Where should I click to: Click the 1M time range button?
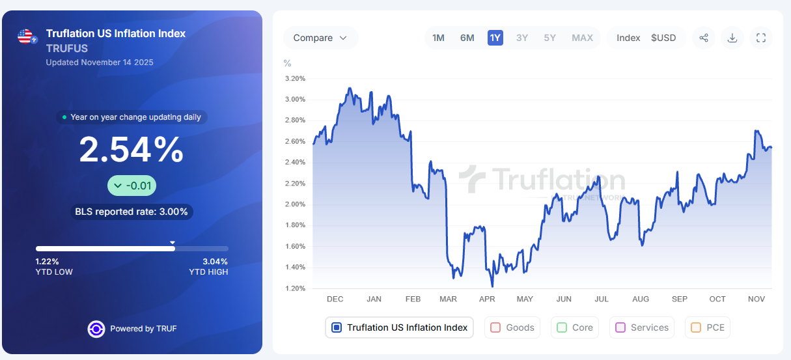coord(438,38)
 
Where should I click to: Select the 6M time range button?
coord(467,38)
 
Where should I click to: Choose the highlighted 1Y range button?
coord(495,38)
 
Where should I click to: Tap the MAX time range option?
coord(582,38)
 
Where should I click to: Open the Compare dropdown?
coord(320,38)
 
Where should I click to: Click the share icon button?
coord(704,38)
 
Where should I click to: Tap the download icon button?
coord(732,38)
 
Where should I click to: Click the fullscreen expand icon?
coord(761,38)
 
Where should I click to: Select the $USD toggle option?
coord(663,38)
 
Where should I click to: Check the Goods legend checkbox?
coord(495,327)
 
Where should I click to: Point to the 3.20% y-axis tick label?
coord(295,78)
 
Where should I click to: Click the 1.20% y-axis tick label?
coord(295,288)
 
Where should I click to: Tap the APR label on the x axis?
coord(487,299)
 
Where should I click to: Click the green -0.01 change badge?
coord(132,186)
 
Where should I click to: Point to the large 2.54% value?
coord(132,150)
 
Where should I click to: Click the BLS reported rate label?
coord(132,212)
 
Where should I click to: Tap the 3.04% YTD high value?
coord(214,262)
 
